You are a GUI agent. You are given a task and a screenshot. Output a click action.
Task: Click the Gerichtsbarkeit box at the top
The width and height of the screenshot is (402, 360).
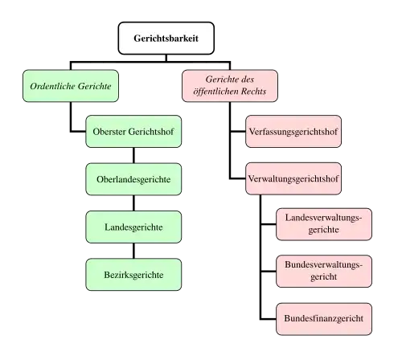pos(166,39)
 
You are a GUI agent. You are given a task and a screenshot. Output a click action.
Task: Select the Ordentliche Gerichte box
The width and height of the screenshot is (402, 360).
pos(71,86)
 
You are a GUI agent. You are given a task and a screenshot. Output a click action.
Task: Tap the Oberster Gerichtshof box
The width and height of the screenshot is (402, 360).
pos(133,132)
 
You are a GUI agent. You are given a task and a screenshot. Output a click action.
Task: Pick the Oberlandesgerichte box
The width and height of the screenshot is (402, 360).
pos(133,179)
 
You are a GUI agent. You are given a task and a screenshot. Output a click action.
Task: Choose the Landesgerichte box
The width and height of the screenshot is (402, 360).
pos(133,227)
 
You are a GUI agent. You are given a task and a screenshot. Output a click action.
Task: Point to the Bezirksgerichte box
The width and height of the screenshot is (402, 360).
pos(133,275)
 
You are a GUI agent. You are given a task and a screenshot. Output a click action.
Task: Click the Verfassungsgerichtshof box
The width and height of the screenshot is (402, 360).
pos(293,132)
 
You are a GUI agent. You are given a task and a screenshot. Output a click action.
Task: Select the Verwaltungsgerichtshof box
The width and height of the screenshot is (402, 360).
pos(293,178)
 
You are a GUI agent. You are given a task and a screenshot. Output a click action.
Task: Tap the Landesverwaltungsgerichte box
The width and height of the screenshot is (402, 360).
pos(324,224)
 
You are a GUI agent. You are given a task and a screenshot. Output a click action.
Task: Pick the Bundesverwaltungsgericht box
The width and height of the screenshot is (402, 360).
pos(324,272)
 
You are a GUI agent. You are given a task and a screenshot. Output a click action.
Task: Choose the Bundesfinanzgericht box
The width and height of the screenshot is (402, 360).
pos(324,319)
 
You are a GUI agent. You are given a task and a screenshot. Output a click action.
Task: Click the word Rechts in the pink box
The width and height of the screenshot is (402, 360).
pos(253,92)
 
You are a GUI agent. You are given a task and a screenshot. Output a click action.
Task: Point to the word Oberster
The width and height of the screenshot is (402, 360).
pos(109,132)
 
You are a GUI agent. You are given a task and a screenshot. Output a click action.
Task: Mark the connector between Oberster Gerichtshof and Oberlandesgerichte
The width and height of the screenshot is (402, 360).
pos(133,155)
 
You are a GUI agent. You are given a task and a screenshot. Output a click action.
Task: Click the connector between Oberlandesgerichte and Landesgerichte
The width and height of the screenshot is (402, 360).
pos(133,203)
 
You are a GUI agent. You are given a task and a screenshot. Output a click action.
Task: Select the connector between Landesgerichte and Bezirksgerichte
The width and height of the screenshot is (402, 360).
pos(133,251)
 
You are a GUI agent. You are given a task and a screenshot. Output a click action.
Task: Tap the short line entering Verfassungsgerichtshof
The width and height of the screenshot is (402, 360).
pos(238,132)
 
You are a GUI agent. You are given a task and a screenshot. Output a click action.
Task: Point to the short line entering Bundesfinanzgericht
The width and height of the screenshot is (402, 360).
pos(269,319)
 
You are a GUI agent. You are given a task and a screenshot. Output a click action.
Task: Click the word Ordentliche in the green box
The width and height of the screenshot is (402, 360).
pos(49,86)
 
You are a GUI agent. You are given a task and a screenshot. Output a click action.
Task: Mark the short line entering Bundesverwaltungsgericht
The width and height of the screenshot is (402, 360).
pos(269,272)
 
